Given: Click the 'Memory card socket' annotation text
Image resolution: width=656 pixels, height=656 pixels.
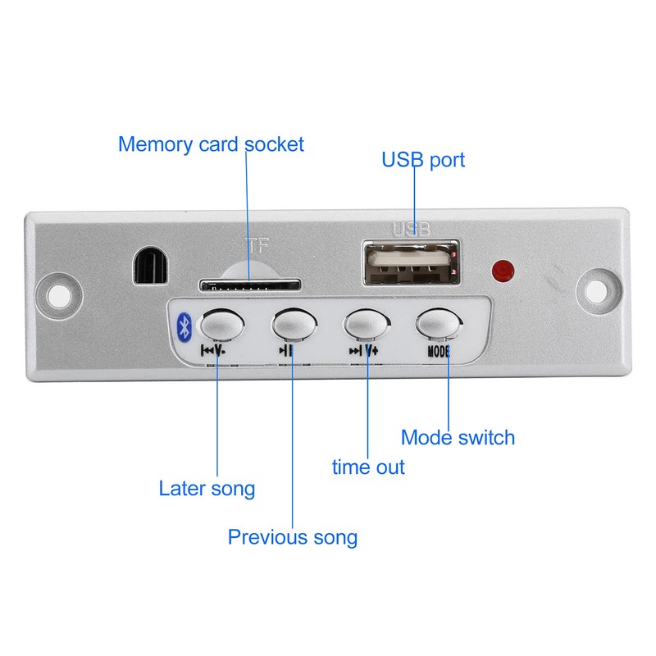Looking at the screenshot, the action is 211,145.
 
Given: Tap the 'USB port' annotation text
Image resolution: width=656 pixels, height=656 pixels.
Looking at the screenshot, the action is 423,160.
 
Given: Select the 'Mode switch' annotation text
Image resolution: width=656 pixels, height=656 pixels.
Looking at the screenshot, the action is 458,438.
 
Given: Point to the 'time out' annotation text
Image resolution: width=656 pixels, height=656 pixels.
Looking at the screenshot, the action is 368,467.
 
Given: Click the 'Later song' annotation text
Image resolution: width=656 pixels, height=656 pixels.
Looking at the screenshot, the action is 207,489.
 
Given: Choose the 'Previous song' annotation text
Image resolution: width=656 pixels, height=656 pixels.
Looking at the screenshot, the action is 293,537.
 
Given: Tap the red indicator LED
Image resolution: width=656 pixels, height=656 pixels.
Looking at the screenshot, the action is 503,271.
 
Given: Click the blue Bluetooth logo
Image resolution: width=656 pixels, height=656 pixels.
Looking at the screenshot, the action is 184,326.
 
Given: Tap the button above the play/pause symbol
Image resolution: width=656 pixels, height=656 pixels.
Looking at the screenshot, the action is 294,324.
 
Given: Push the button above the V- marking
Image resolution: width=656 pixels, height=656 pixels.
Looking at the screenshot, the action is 222,324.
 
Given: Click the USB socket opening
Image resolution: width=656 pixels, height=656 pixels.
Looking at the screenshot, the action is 412,262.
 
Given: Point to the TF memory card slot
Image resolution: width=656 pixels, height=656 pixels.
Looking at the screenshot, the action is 250,285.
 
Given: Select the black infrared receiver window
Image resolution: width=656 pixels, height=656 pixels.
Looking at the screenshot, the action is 151,266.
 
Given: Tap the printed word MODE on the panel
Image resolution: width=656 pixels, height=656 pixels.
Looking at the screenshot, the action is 439,352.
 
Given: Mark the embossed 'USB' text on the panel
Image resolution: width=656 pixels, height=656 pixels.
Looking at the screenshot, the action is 411,230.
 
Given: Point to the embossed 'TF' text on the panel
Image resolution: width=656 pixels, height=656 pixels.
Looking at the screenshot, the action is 256,246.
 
